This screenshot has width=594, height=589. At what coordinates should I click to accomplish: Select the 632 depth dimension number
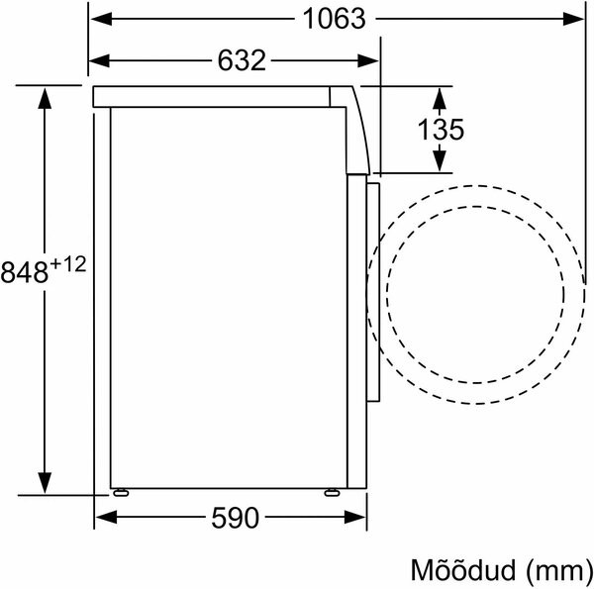[242, 61]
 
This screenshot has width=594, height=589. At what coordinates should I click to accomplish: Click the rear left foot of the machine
[120, 490]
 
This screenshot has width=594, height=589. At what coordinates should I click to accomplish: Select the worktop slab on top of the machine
[218, 97]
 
